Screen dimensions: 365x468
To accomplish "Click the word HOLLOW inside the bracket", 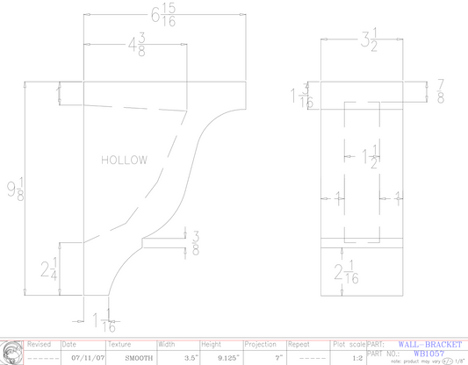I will coord(124,161).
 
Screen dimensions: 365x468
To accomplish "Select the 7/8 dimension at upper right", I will coord(439,89).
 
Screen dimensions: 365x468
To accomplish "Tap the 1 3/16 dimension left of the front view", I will coord(304,97).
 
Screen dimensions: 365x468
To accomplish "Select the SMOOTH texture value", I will coord(139,358).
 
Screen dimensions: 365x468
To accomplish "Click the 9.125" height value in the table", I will coord(213,358).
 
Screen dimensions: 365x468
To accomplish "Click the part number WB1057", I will coord(429,353).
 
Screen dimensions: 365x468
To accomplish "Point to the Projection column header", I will coord(260,345).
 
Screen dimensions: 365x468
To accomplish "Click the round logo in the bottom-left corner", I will coord(11,352).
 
